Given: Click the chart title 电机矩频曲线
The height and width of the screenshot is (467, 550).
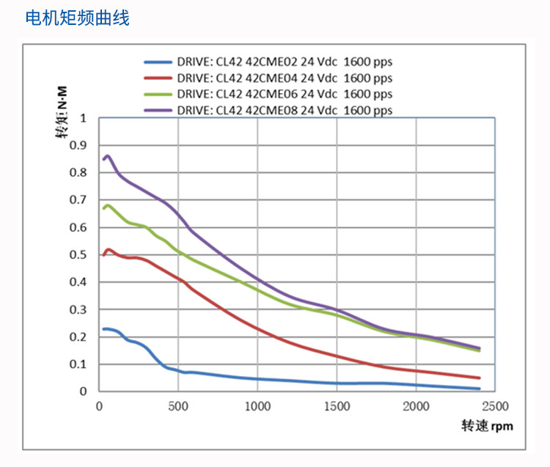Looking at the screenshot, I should click(77, 18).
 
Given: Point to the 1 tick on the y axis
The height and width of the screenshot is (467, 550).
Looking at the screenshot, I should click(83, 117).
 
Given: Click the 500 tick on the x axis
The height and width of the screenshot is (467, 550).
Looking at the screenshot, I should click(177, 406).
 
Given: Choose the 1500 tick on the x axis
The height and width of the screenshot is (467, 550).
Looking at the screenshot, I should click(336, 406).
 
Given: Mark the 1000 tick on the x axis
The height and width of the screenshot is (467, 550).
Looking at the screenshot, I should click(257, 406).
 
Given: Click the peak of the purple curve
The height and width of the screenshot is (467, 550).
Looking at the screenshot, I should click(108, 155).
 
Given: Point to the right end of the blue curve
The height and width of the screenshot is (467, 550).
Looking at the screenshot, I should click(480, 389).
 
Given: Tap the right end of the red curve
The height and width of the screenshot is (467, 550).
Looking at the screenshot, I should click(480, 378).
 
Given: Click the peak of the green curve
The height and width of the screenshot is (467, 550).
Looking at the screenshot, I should click(109, 205).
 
